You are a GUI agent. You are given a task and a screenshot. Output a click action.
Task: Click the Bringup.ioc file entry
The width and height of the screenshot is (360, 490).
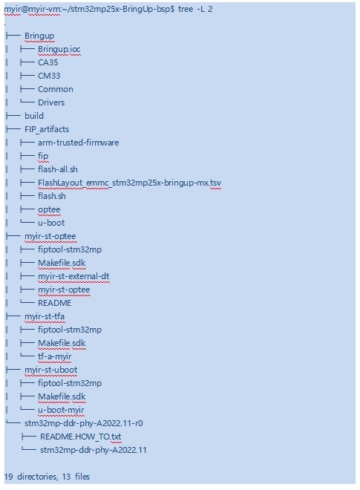pyautogui.click(x=59, y=50)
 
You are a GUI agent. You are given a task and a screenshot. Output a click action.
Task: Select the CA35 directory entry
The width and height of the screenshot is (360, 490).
pyautogui.click(x=48, y=62)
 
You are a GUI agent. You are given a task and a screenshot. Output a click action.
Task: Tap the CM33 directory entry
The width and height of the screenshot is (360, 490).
pyautogui.click(x=49, y=76)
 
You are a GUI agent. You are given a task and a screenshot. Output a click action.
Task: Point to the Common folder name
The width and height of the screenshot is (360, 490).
pyautogui.click(x=56, y=89)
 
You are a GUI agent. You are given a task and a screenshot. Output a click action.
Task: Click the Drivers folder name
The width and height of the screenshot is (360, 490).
pyautogui.click(x=51, y=102)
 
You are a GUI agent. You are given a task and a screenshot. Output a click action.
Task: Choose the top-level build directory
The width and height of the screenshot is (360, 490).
pyautogui.click(x=34, y=116)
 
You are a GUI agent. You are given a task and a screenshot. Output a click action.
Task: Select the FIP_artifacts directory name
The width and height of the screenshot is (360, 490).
pyautogui.click(x=47, y=129)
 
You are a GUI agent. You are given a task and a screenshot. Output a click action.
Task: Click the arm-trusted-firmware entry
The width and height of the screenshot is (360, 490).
pyautogui.click(x=79, y=143)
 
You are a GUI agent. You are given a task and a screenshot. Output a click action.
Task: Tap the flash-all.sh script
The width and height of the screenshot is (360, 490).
pyautogui.click(x=58, y=169)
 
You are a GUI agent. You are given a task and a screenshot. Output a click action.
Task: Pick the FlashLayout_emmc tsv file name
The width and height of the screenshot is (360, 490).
pyautogui.click(x=129, y=183)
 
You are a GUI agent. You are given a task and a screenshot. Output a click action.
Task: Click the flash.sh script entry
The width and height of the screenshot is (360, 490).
pyautogui.click(x=52, y=196)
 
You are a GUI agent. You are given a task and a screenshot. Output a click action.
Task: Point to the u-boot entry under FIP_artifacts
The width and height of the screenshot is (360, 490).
pyautogui.click(x=51, y=223)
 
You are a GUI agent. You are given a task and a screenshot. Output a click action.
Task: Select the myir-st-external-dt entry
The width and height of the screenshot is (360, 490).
pyautogui.click(x=73, y=276)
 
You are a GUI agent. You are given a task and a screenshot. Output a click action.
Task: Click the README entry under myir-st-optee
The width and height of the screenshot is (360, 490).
pyautogui.click(x=55, y=303)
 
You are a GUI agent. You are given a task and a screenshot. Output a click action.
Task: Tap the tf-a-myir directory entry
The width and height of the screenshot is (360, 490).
pyautogui.click(x=55, y=356)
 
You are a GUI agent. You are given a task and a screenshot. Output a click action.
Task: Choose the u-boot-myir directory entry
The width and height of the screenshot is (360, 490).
pyautogui.click(x=61, y=410)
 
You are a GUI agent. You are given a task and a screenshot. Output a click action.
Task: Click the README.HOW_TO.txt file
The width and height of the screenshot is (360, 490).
pyautogui.click(x=81, y=437)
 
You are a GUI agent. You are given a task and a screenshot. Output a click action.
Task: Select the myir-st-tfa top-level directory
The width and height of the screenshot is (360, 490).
pyautogui.click(x=45, y=316)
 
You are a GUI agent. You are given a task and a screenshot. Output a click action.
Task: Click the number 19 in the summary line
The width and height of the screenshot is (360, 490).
pyautogui.click(x=9, y=477)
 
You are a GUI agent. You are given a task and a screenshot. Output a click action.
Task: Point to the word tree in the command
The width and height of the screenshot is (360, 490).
pyautogui.click(x=186, y=9)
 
